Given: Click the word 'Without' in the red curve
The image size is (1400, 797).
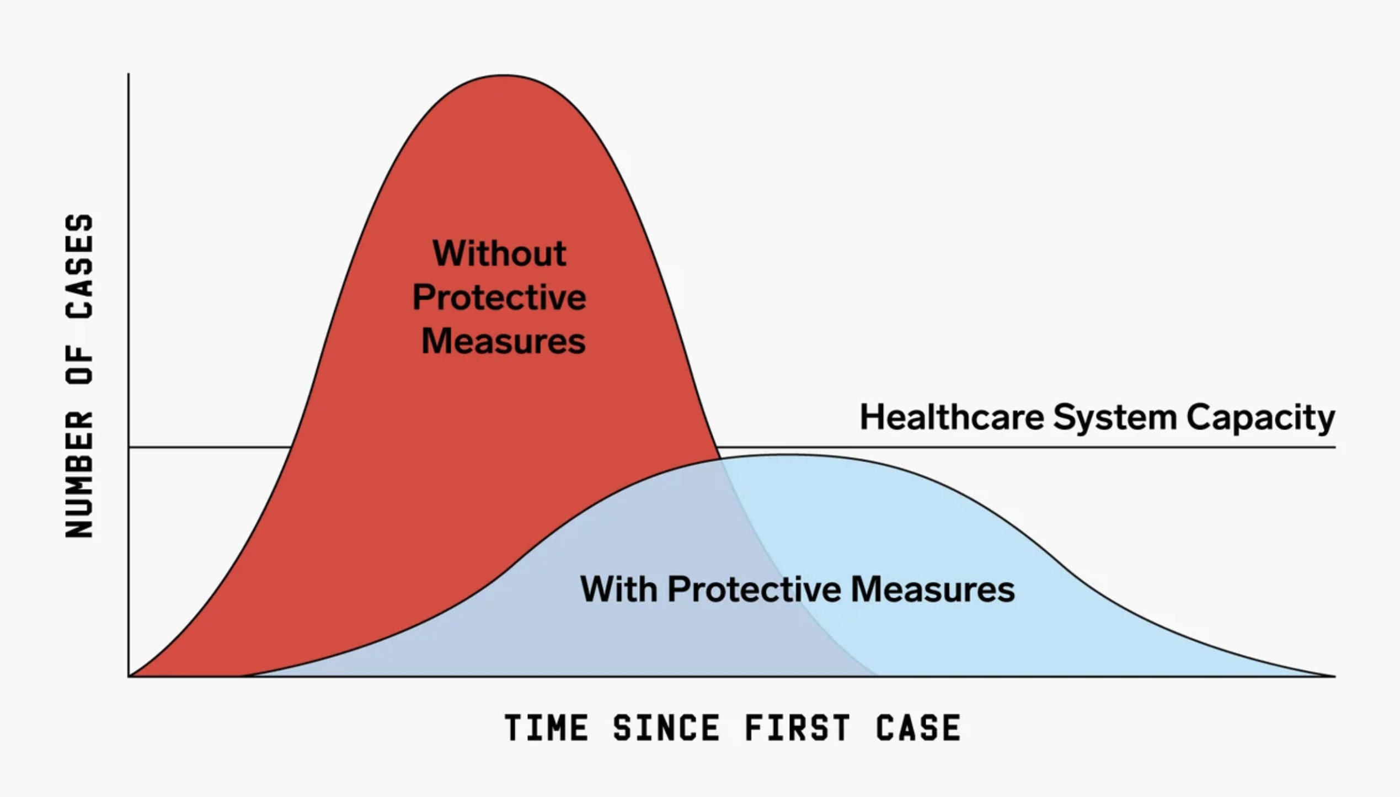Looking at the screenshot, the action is click(x=499, y=253).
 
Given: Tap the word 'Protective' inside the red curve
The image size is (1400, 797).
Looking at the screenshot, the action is click(x=499, y=297).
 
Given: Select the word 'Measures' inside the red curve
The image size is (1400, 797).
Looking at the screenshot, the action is click(x=503, y=341).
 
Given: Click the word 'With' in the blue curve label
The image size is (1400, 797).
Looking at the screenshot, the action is click(x=618, y=589).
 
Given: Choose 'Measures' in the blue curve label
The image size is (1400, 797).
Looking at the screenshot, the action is click(x=933, y=589).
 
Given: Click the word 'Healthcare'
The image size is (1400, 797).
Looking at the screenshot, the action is click(x=952, y=417).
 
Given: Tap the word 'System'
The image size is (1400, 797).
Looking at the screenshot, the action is click(x=1115, y=418).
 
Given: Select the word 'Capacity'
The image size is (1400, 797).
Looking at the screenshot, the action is click(x=1260, y=418).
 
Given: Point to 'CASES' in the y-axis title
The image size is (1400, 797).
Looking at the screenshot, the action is click(x=79, y=266).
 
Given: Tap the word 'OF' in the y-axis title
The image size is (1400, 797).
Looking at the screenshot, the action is click(x=79, y=365).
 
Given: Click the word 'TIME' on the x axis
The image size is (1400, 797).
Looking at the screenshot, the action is click(x=546, y=727).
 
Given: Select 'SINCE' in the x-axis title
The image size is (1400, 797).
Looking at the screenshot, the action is click(x=666, y=727).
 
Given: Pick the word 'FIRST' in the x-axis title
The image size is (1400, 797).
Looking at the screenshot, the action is click(x=797, y=727).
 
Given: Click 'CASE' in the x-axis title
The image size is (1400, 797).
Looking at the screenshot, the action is click(x=918, y=727).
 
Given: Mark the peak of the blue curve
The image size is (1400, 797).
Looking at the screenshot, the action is click(x=789, y=455).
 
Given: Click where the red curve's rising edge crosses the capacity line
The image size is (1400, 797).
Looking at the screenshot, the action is click(x=291, y=447).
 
